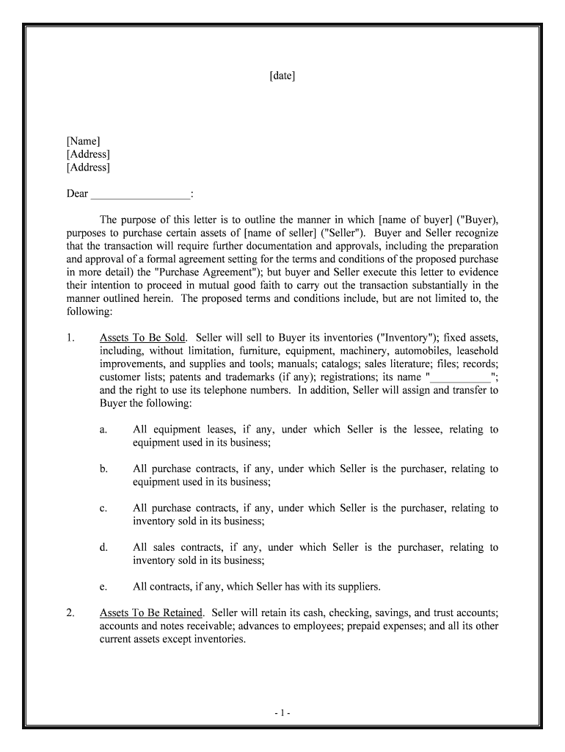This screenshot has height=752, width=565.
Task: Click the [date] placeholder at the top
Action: [282, 76]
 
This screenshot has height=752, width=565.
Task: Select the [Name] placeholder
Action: [83, 141]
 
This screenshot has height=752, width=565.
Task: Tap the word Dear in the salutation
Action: [77, 194]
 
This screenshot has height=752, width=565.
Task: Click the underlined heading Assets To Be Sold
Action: [142, 338]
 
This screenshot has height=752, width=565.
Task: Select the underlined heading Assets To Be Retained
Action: [150, 613]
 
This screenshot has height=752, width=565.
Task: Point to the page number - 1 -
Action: [282, 712]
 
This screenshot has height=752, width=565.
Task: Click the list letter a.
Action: [103, 430]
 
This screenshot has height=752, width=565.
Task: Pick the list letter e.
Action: [103, 587]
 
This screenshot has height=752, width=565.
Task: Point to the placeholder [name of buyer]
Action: [416, 220]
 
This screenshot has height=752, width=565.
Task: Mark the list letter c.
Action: [103, 508]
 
